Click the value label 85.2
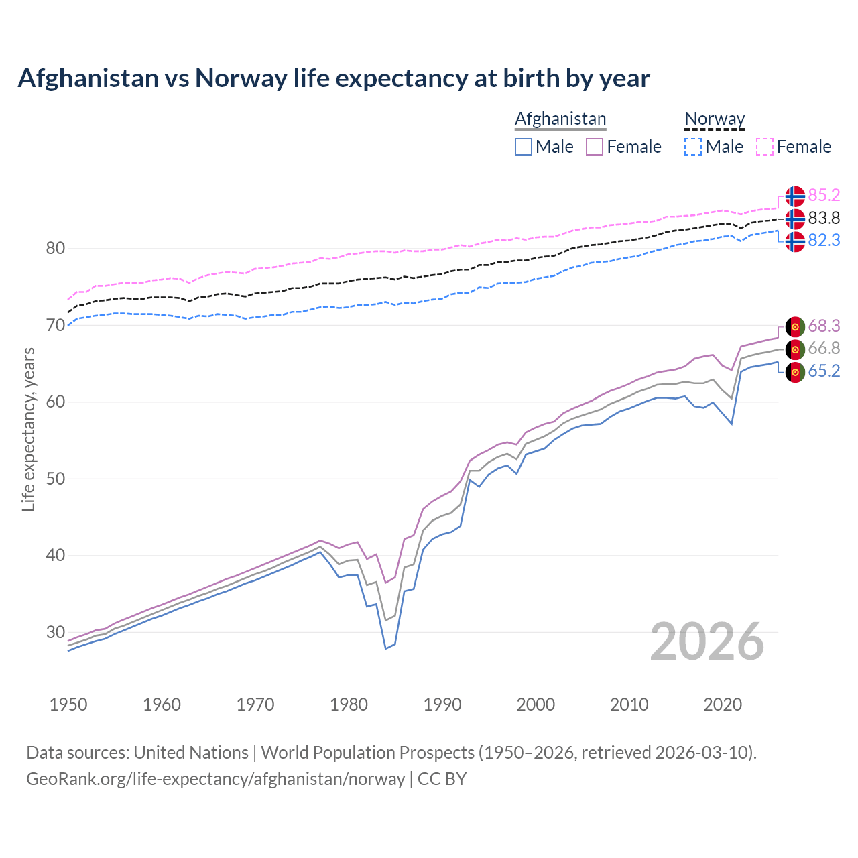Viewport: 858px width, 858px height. [x=824, y=195]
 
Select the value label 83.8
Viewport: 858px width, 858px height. [x=824, y=218]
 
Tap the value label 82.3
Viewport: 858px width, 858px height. [x=824, y=240]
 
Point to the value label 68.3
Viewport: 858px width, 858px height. [x=824, y=326]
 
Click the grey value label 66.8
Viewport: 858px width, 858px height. [x=824, y=348]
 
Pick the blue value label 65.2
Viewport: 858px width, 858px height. [x=824, y=371]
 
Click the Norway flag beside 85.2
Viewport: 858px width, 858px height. [x=795, y=196]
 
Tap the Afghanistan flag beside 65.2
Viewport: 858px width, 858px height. [x=795, y=372]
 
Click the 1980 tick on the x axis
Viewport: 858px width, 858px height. [x=349, y=704]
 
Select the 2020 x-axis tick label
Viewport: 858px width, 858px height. [x=723, y=704]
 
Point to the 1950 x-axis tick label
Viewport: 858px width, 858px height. [x=68, y=704]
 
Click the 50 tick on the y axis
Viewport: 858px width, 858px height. [x=56, y=479]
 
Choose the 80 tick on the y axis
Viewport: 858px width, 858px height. [x=56, y=249]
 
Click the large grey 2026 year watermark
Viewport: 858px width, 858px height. [x=707, y=641]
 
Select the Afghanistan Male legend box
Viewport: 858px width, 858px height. [x=524, y=147]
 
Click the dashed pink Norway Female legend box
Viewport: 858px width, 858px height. [x=765, y=147]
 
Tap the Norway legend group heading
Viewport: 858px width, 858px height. [x=715, y=119]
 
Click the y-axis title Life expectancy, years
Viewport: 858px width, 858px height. [x=28, y=429]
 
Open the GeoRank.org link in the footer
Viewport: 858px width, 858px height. [x=215, y=779]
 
